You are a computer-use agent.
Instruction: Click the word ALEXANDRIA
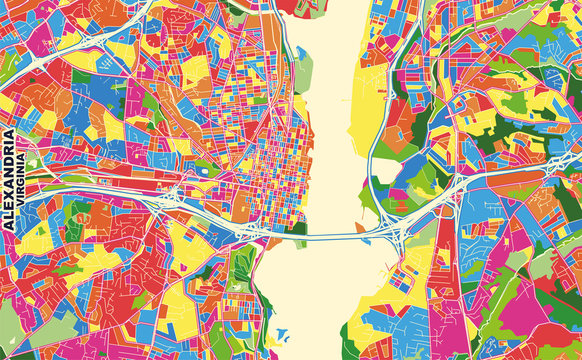coord(9,181)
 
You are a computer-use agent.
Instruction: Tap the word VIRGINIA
coord(23,194)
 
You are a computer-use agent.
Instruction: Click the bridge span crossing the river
coord(330,237)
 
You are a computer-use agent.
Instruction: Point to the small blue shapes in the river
coord(282,337)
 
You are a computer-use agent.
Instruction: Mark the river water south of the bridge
coord(320,290)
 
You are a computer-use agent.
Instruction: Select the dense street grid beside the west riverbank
coord(270,170)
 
